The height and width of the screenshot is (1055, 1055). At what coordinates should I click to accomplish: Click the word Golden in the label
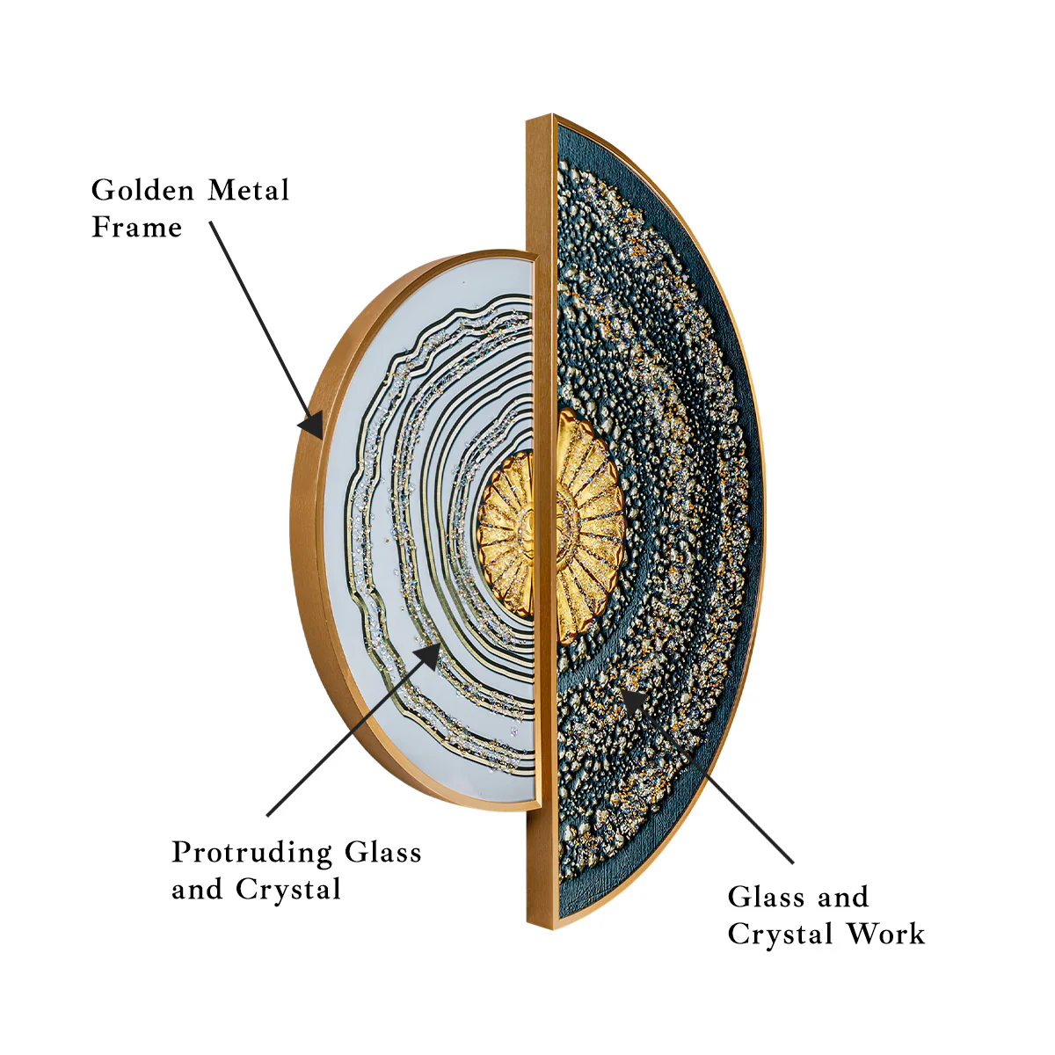142,191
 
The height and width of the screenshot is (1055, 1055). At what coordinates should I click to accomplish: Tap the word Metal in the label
249,191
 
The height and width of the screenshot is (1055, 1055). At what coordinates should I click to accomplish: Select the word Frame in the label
137,227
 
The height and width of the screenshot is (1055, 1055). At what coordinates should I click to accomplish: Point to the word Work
886,934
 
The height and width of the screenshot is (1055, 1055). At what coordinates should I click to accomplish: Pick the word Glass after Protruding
383,853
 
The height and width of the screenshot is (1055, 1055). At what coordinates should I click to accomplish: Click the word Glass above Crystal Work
766,898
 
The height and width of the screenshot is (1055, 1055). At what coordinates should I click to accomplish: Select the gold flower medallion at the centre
550,526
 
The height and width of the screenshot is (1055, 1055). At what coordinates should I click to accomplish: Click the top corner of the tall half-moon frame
552,115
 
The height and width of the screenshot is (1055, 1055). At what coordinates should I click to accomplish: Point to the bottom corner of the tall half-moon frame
553,928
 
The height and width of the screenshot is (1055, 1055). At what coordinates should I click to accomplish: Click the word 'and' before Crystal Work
844,898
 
